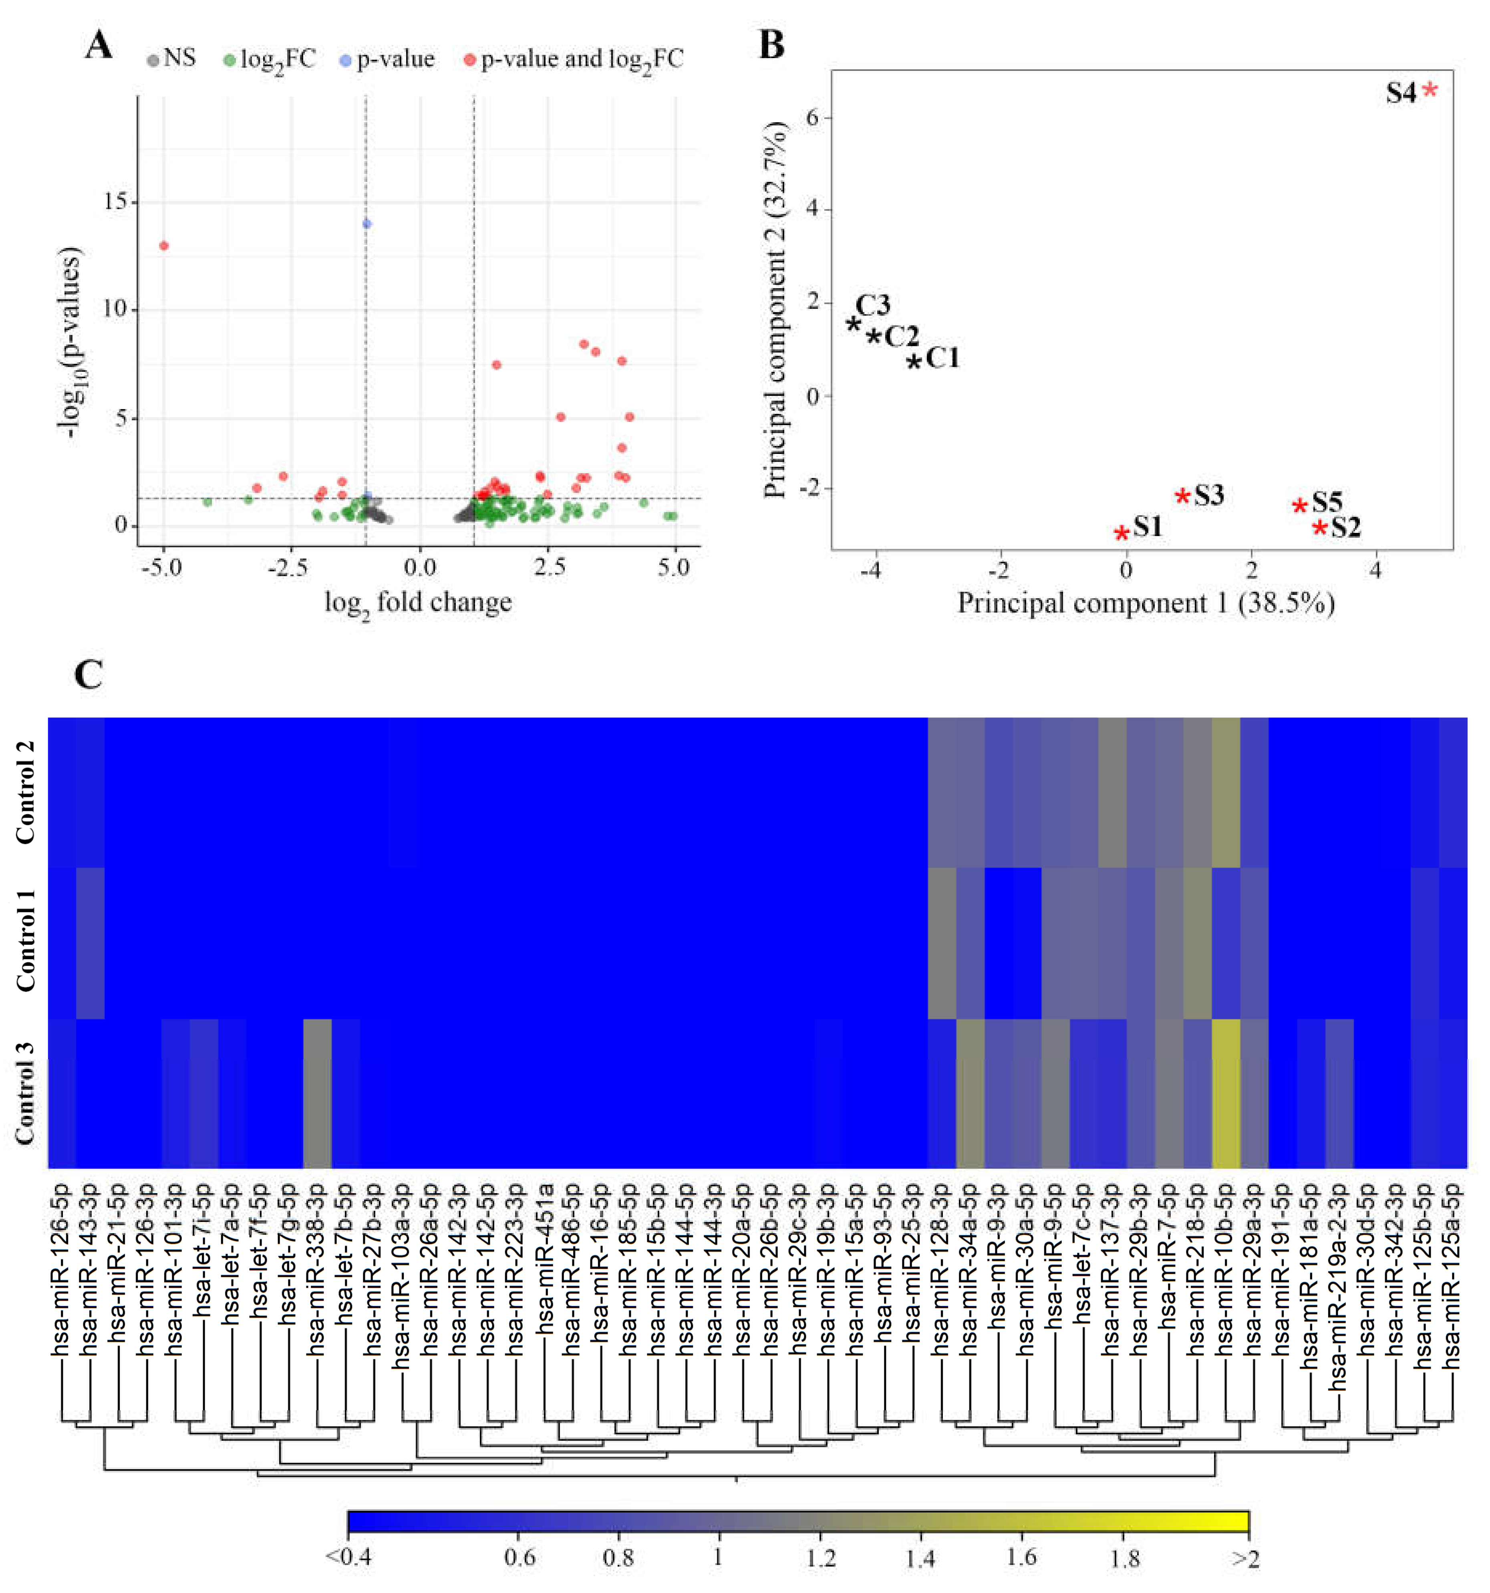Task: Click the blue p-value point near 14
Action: (x=367, y=224)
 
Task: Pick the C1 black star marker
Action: (x=913, y=361)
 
